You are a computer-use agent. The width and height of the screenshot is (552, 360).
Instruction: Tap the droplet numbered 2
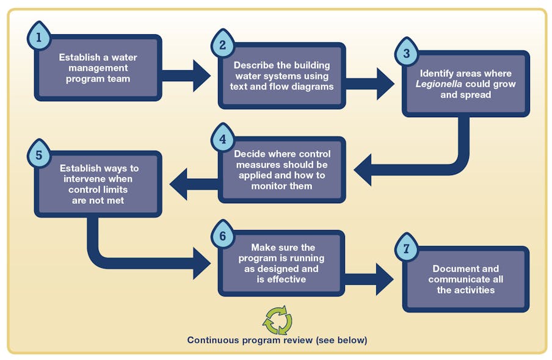coord(222,45)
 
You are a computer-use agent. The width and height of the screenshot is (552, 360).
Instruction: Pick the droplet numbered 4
coord(222,139)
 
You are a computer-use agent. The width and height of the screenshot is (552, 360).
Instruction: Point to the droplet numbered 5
coord(38,155)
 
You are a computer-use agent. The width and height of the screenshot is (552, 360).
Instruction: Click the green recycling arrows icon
coord(277,320)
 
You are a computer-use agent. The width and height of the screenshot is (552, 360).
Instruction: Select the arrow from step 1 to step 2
coord(186,76)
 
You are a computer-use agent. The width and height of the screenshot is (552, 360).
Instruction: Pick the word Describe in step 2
coord(253,65)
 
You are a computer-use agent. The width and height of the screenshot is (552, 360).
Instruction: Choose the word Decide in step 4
coord(249,154)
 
